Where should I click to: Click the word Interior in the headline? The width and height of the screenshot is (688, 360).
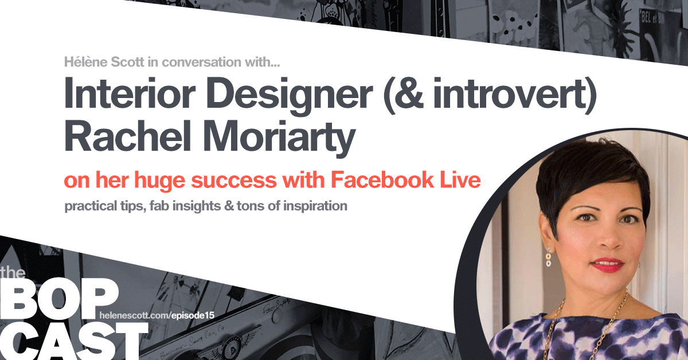130,93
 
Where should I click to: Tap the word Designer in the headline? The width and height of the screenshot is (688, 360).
290,96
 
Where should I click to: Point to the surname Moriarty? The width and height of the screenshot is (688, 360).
279,138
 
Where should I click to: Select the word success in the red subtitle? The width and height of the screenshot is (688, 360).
234,181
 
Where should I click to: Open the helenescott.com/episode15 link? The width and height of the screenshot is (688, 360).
157,315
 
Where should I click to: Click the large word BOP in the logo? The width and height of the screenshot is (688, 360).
58,299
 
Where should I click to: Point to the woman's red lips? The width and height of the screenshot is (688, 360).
608,265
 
